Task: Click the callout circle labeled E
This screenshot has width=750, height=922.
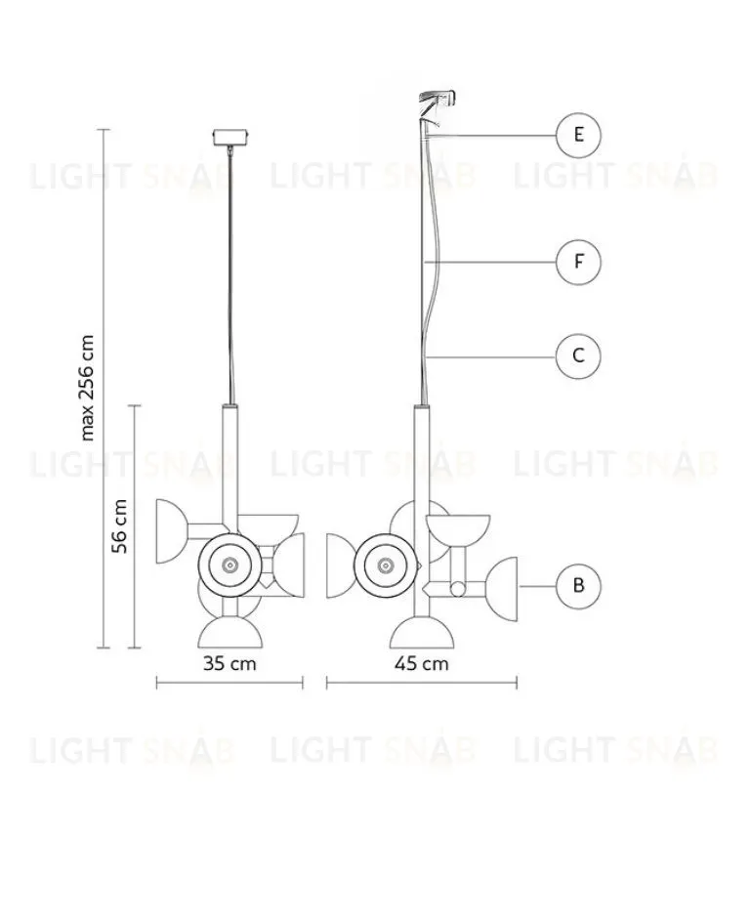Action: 579,135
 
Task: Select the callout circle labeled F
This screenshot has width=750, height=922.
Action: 579,262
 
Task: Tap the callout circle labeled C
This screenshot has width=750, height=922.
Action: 579,356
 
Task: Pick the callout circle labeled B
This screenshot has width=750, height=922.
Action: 579,586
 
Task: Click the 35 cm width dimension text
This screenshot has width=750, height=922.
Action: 229,664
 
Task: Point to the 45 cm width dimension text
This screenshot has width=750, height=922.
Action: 422,664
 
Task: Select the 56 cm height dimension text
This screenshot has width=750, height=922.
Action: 120,526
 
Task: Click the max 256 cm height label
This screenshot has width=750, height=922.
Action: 89,388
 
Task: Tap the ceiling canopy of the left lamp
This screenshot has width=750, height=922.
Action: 230,136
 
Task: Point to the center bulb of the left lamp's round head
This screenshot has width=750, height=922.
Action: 230,565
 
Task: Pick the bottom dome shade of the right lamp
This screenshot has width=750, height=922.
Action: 422,633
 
